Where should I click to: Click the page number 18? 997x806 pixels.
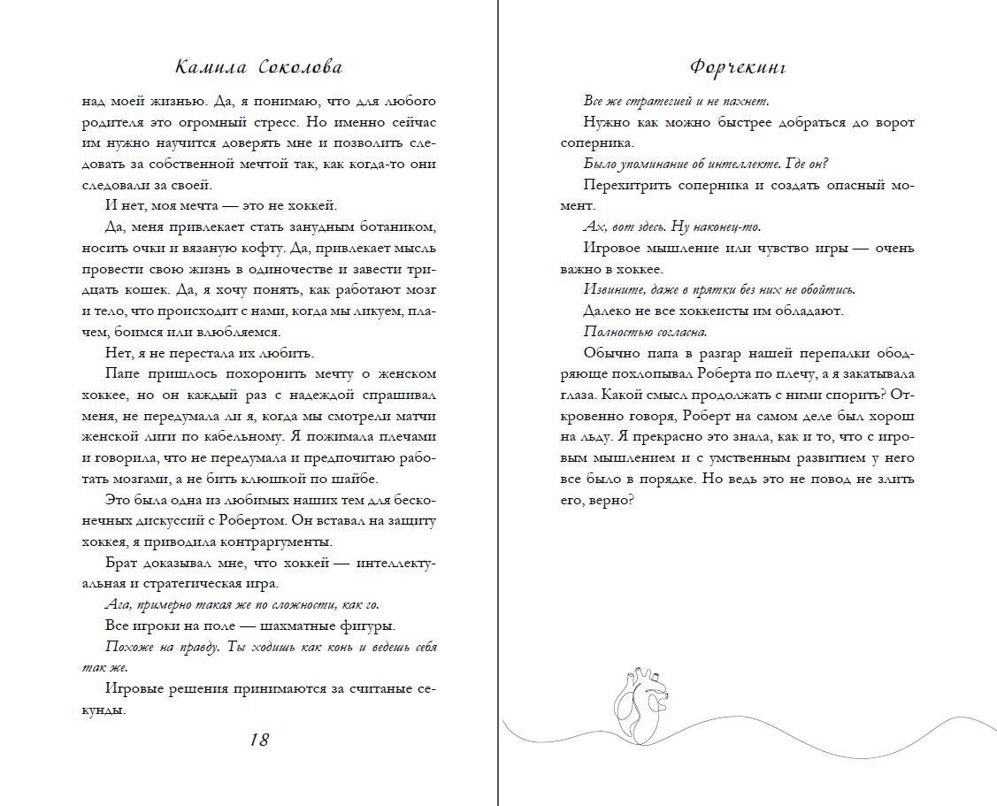(258, 740)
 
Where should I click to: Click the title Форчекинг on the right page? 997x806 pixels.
(737, 68)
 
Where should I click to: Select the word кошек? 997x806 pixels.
(180, 290)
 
